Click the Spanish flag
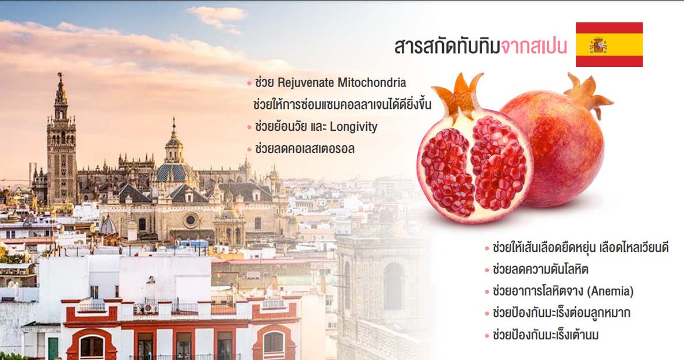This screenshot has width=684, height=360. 609,44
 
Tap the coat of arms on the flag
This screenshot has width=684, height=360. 598,45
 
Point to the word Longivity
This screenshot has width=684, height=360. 354,127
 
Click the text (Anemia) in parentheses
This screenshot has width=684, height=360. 610,291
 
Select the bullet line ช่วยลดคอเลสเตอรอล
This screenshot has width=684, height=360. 305,149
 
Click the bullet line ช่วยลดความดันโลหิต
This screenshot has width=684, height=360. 540,269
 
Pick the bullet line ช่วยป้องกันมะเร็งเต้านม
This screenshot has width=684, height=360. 545,335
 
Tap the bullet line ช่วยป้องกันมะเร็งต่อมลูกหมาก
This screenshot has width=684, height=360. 561,313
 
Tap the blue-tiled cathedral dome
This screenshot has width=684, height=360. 176,172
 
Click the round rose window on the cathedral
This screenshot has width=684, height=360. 191,220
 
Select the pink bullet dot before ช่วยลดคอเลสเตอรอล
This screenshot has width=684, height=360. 249,149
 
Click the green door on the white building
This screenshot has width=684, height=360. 53,348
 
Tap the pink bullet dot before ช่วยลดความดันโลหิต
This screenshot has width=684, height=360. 487,270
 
